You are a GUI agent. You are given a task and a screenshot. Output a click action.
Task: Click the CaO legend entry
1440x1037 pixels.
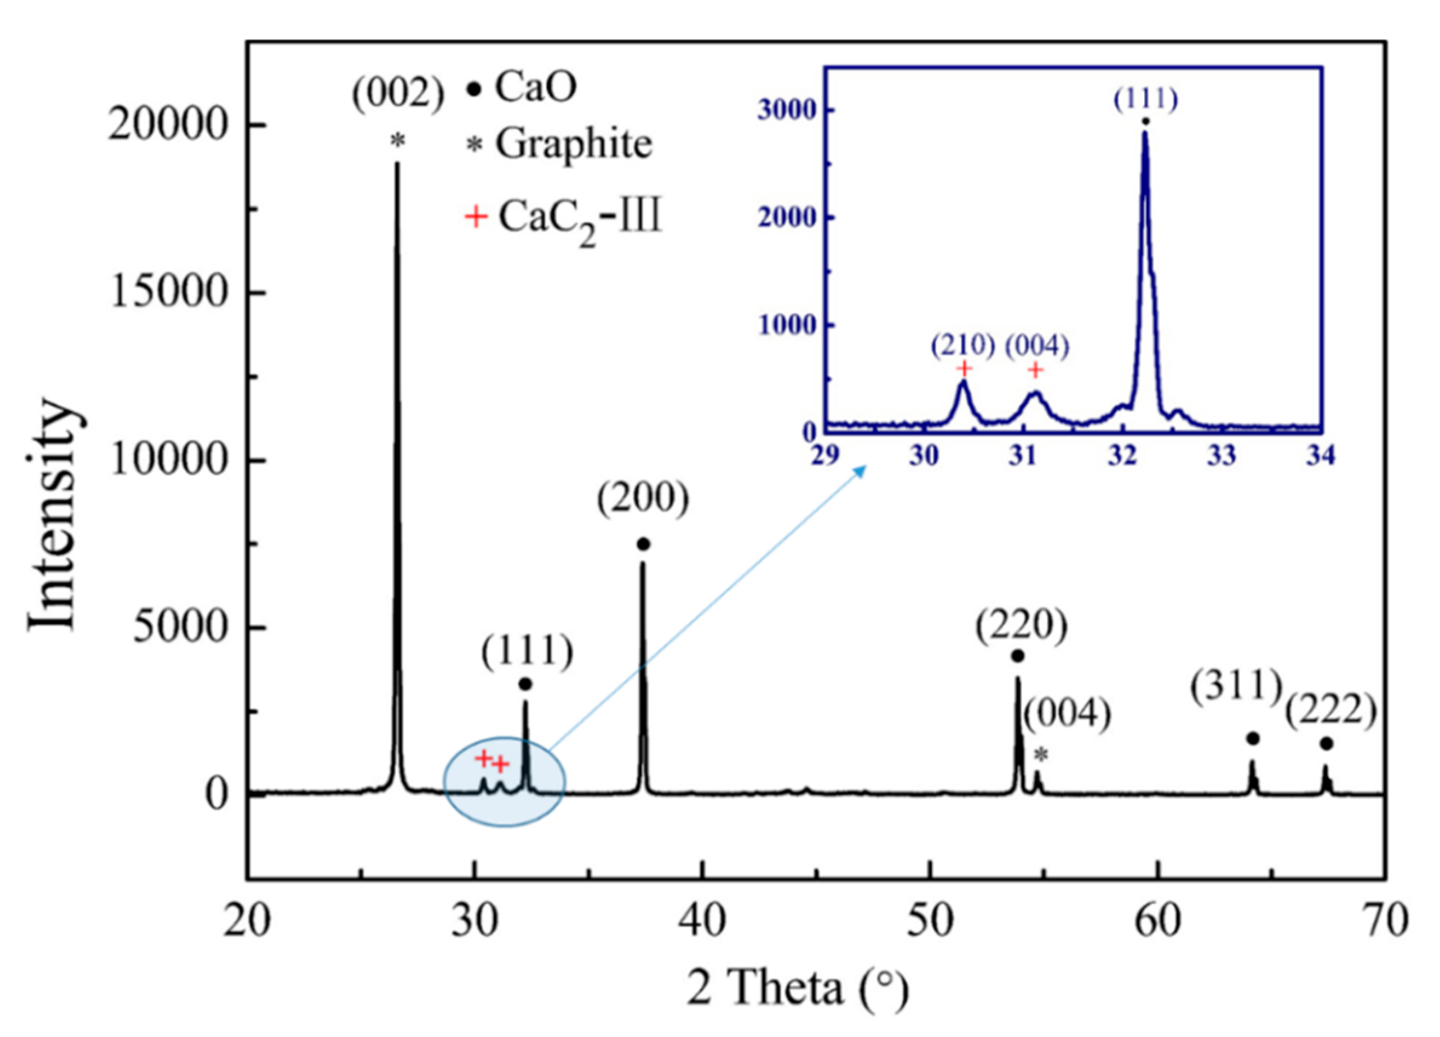point(522,87)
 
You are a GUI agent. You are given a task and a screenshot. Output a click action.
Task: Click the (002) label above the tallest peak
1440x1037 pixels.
point(398,96)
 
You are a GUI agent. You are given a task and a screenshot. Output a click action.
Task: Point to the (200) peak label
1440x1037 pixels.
point(643,500)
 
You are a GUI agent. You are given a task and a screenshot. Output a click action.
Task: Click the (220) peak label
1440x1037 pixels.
point(1021,627)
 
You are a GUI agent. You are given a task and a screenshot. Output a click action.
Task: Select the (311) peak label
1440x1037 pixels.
point(1236,688)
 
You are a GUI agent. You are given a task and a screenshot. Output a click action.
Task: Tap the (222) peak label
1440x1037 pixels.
point(1331,711)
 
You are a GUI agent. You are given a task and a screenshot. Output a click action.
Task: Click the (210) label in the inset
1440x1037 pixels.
point(962,346)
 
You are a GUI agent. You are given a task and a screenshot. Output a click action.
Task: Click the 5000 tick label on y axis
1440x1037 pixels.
point(180,627)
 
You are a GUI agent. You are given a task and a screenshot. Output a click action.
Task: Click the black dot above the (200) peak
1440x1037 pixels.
point(643,544)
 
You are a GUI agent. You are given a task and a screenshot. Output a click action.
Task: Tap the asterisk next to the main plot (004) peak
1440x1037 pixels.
point(1041,755)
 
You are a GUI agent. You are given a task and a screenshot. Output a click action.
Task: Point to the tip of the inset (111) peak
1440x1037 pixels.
point(1145,133)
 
